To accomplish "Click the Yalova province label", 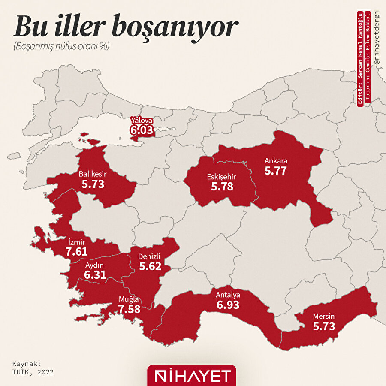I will [x=142, y=121].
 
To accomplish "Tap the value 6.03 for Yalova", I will [x=142, y=130].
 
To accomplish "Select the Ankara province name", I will [x=275, y=161].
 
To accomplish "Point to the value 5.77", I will [x=275, y=171].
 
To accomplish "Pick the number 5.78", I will [x=222, y=187].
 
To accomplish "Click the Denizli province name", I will [x=150, y=256].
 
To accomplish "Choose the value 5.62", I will [x=150, y=266].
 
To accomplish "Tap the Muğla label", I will [x=129, y=299].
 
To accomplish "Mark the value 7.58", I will [x=129, y=309].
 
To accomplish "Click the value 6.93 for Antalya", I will [x=228, y=305].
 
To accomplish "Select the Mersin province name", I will [x=323, y=317].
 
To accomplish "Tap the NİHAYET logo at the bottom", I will [x=192, y=376].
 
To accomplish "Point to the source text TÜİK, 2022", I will [x=33, y=372].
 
